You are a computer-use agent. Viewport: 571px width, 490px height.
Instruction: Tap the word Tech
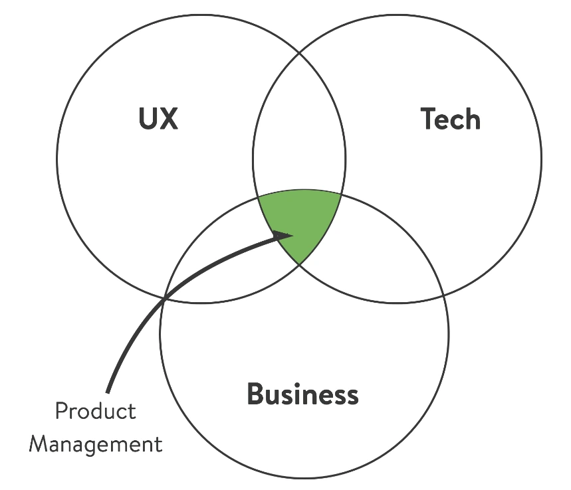451,119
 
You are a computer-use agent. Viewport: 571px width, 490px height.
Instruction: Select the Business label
302,394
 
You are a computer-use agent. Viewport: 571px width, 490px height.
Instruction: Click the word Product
95,411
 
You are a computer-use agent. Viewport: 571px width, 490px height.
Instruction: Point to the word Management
96,443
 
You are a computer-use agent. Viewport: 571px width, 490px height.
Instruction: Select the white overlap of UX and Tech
299,139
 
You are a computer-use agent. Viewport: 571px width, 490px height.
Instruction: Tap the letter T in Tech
429,119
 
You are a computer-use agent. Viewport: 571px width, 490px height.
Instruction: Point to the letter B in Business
256,394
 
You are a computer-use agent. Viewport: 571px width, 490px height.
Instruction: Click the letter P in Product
60,411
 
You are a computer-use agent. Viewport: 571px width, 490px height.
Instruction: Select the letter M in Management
39,443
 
